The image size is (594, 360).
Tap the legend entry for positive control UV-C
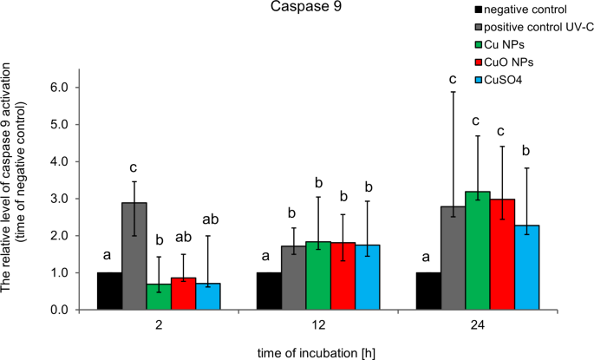coord(528,27)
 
